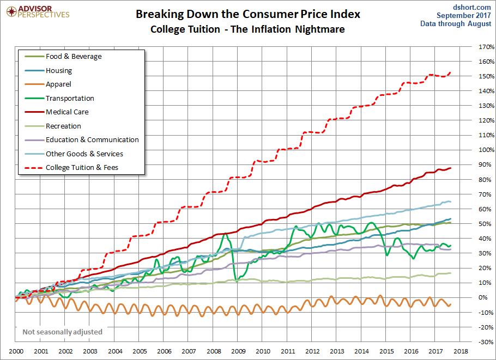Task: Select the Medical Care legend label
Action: (x=67, y=112)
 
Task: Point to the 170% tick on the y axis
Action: (x=486, y=47)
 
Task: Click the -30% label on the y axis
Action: (x=486, y=342)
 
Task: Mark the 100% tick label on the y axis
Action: (x=486, y=150)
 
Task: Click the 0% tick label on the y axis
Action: (x=483, y=297)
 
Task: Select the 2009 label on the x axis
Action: (x=238, y=351)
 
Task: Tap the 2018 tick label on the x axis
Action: (x=460, y=351)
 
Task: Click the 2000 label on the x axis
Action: (x=16, y=351)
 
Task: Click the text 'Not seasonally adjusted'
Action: (x=62, y=332)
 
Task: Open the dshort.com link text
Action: (x=471, y=7)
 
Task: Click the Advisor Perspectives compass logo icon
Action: (x=11, y=12)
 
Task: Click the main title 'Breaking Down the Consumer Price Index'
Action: (x=248, y=14)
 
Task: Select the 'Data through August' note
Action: (x=456, y=24)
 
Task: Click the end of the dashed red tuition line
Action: (x=450, y=72)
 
